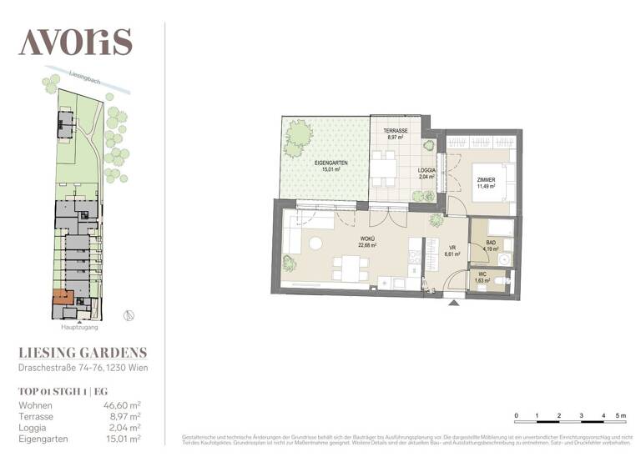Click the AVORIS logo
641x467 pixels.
(75, 41)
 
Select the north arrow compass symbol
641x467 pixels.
(128, 314)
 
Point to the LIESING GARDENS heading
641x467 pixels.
(83, 353)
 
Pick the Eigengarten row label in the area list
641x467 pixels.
(43, 437)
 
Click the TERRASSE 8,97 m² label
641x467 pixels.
(395, 134)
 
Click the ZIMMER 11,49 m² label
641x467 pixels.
(486, 183)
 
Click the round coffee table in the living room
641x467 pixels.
(315, 244)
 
